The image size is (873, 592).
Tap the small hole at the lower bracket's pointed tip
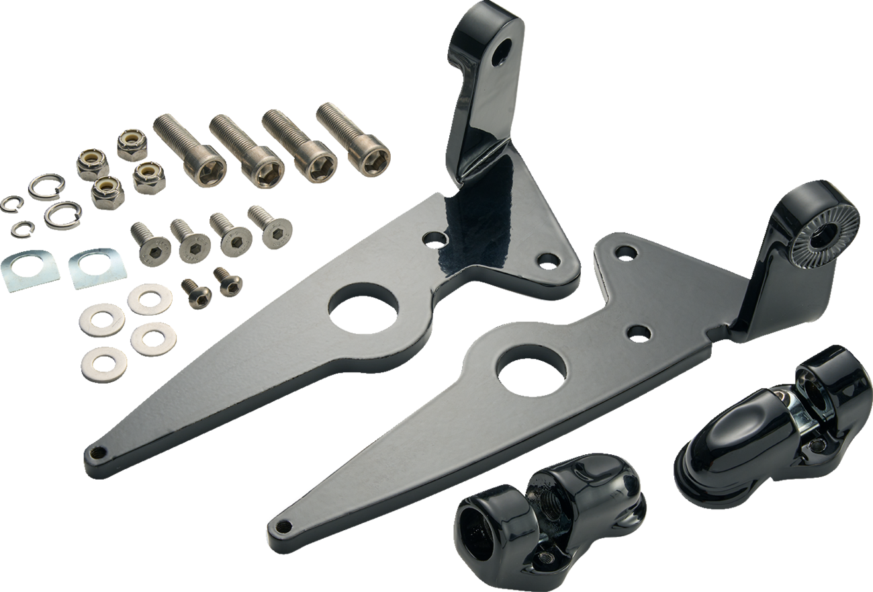pos(285,525)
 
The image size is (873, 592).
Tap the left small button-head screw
pos(197,291)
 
